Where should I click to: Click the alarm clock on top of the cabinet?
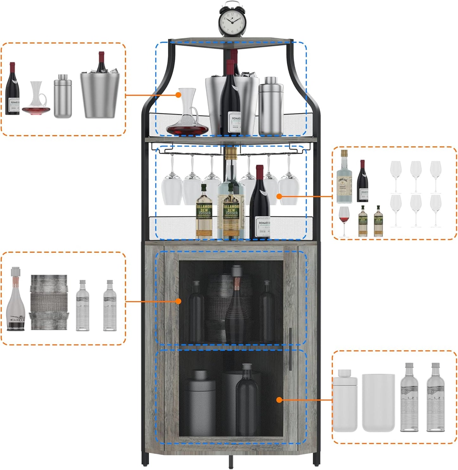[x=232, y=21]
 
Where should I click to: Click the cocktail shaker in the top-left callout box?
[x=62, y=97]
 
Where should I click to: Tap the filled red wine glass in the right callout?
[x=344, y=219]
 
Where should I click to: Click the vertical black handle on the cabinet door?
[x=290, y=349]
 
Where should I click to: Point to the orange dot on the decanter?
[x=179, y=95]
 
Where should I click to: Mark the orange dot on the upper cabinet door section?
[x=179, y=301]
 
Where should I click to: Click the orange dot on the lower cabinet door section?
[x=279, y=400]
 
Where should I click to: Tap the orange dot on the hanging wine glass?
[x=279, y=196]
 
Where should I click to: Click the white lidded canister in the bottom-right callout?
[x=345, y=401]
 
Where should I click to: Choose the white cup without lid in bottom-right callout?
[x=378, y=403]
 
